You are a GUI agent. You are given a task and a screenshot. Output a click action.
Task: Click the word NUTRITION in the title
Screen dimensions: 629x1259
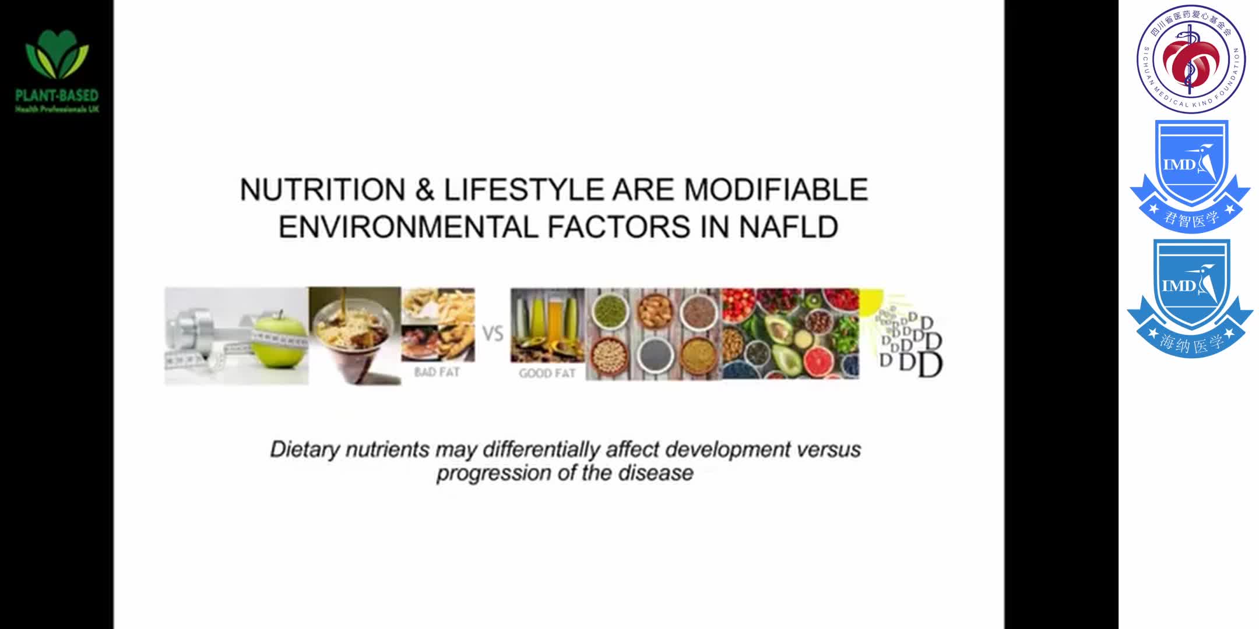pos(322,190)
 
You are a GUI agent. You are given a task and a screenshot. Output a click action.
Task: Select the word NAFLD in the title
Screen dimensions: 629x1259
pos(789,227)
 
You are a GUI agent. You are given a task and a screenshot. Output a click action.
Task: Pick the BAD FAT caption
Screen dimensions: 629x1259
pos(437,372)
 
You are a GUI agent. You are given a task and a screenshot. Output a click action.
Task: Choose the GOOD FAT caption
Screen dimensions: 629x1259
pos(547,373)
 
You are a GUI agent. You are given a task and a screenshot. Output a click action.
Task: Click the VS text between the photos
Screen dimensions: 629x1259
pos(493,334)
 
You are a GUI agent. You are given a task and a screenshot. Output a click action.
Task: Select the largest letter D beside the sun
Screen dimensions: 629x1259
pos(930,365)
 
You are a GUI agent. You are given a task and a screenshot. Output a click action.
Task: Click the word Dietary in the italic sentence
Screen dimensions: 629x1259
pos(305,450)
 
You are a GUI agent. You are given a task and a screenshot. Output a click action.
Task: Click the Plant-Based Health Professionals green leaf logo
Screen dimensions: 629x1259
pos(57,56)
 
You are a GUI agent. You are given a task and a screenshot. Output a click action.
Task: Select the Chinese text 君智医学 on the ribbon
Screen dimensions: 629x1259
pos(1191,219)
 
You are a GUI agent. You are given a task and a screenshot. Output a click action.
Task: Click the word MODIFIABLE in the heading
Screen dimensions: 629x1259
pos(776,190)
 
